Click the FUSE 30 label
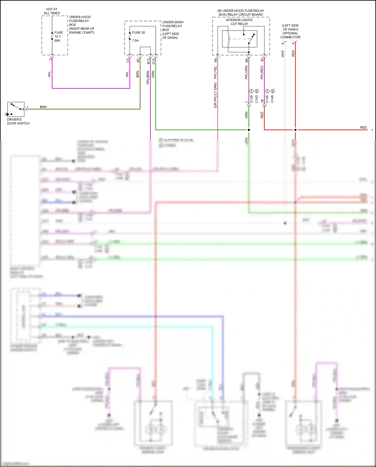coord(138,33)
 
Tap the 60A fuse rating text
coord(57,41)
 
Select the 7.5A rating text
coord(135,41)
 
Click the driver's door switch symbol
coord(16,109)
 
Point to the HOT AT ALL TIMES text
coord(52,11)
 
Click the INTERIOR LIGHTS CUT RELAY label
coord(239,22)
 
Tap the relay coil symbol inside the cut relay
coord(228,39)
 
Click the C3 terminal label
coord(128,60)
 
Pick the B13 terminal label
coord(148,61)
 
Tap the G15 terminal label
coord(153,61)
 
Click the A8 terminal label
coord(215,60)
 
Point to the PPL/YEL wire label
coord(215,73)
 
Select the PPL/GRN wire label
coord(246,73)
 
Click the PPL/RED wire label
coord(262,73)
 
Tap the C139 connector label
coord(251,99)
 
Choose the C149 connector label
coord(272,99)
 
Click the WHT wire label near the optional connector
coord(283,54)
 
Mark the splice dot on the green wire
coord(249,130)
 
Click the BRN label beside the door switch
coord(43,107)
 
